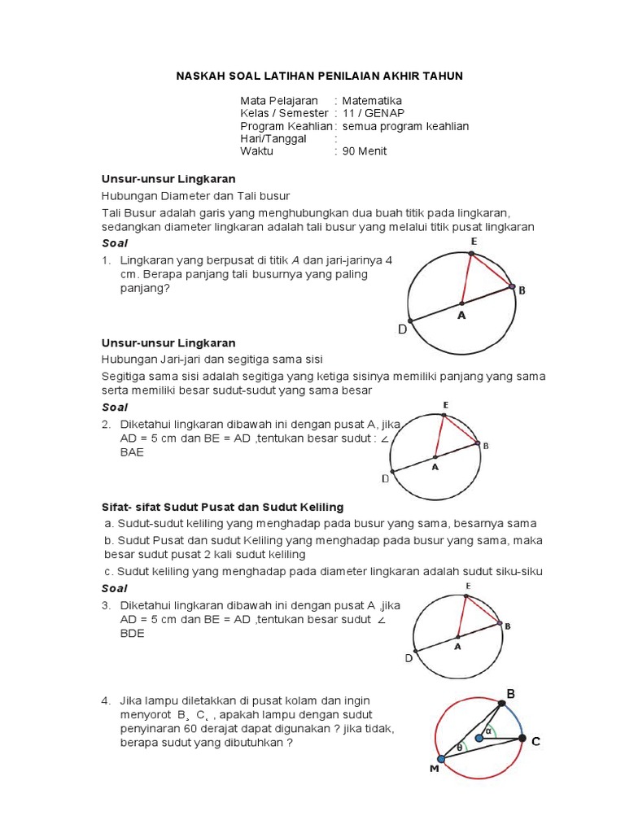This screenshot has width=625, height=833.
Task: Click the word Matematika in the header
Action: (372, 100)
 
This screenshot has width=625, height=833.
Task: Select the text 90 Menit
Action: (364, 150)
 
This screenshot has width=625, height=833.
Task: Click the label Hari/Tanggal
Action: (273, 138)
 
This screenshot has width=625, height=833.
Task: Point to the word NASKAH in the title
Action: (200, 76)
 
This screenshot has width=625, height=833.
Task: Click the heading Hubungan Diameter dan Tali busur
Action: (195, 195)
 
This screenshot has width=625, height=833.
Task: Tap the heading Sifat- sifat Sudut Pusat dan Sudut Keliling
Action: (222, 507)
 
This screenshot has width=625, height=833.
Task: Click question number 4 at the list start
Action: (106, 700)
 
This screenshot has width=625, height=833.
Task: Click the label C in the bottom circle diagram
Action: (535, 742)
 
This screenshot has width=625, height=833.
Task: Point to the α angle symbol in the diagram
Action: (488, 731)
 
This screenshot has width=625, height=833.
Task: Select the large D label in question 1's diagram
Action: (402, 329)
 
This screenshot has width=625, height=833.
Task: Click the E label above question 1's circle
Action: (473, 242)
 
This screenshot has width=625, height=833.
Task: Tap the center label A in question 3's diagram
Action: (457, 647)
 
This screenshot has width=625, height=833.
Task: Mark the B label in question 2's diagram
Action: (486, 446)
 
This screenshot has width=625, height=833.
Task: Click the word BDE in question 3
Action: (133, 633)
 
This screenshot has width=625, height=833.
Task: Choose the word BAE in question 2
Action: (133, 452)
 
